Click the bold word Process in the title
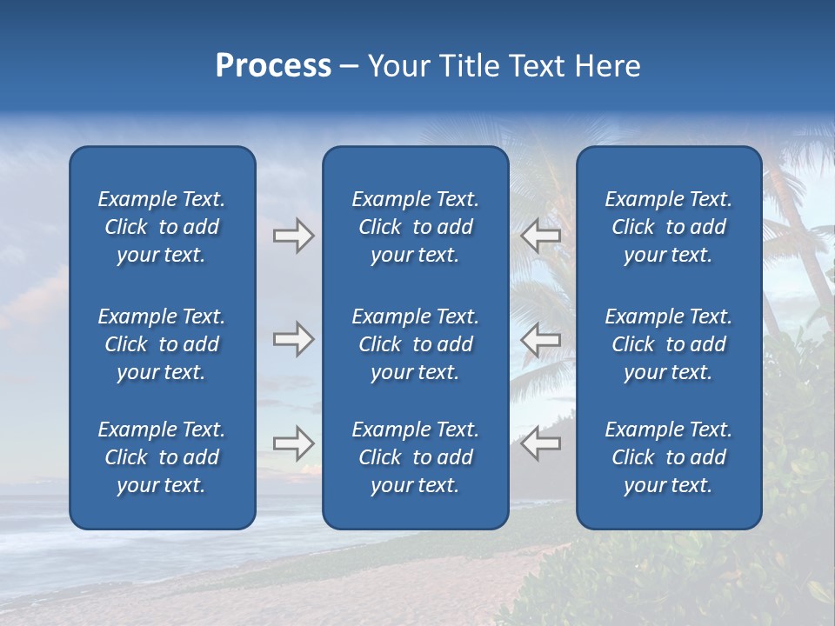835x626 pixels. point(273,66)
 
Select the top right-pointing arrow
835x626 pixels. point(293,236)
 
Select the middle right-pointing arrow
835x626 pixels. point(293,339)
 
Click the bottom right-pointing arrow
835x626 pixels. point(293,443)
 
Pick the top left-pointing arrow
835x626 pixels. point(541,236)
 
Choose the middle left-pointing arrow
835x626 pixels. point(541,339)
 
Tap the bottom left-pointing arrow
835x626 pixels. point(541,443)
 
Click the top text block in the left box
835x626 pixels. point(162,227)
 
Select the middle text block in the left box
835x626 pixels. point(162,344)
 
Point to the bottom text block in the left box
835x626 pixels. point(162,457)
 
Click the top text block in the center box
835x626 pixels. point(415,227)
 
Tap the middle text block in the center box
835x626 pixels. point(415,344)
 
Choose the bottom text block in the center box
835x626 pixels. point(415,457)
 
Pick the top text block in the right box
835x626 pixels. point(668,227)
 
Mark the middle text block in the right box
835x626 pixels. point(668,344)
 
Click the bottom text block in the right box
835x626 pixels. point(668,457)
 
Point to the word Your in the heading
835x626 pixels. point(398,66)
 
